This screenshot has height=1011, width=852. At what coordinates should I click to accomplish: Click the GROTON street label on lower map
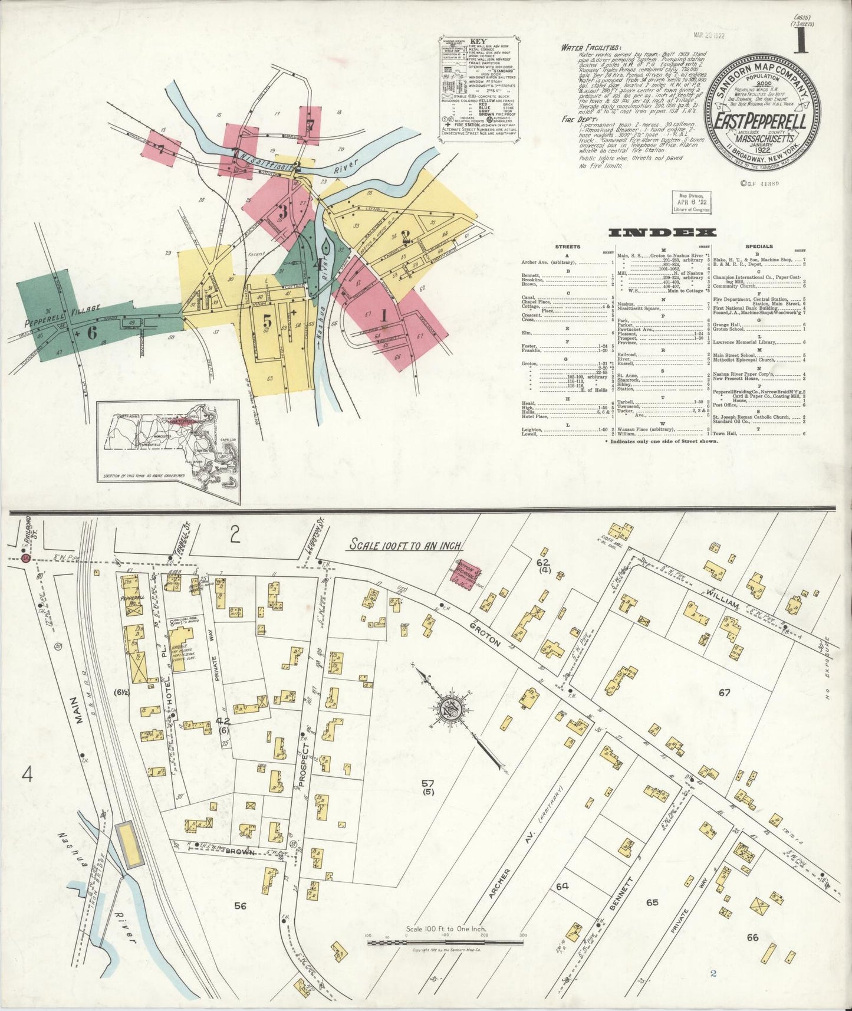click(485, 633)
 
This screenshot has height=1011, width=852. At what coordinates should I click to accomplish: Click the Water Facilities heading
click(590, 48)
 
